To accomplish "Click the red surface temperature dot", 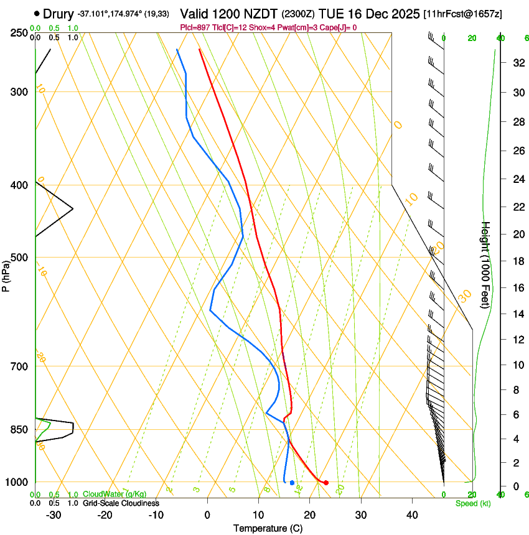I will (325, 483).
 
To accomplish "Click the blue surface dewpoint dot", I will (292, 483).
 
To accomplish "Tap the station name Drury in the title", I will (58, 13).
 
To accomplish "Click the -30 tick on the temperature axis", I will (54, 514).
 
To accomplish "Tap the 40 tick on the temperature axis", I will (411, 514).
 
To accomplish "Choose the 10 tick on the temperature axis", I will (258, 514).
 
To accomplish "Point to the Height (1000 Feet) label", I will (486, 265).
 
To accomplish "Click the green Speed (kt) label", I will (472, 503).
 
